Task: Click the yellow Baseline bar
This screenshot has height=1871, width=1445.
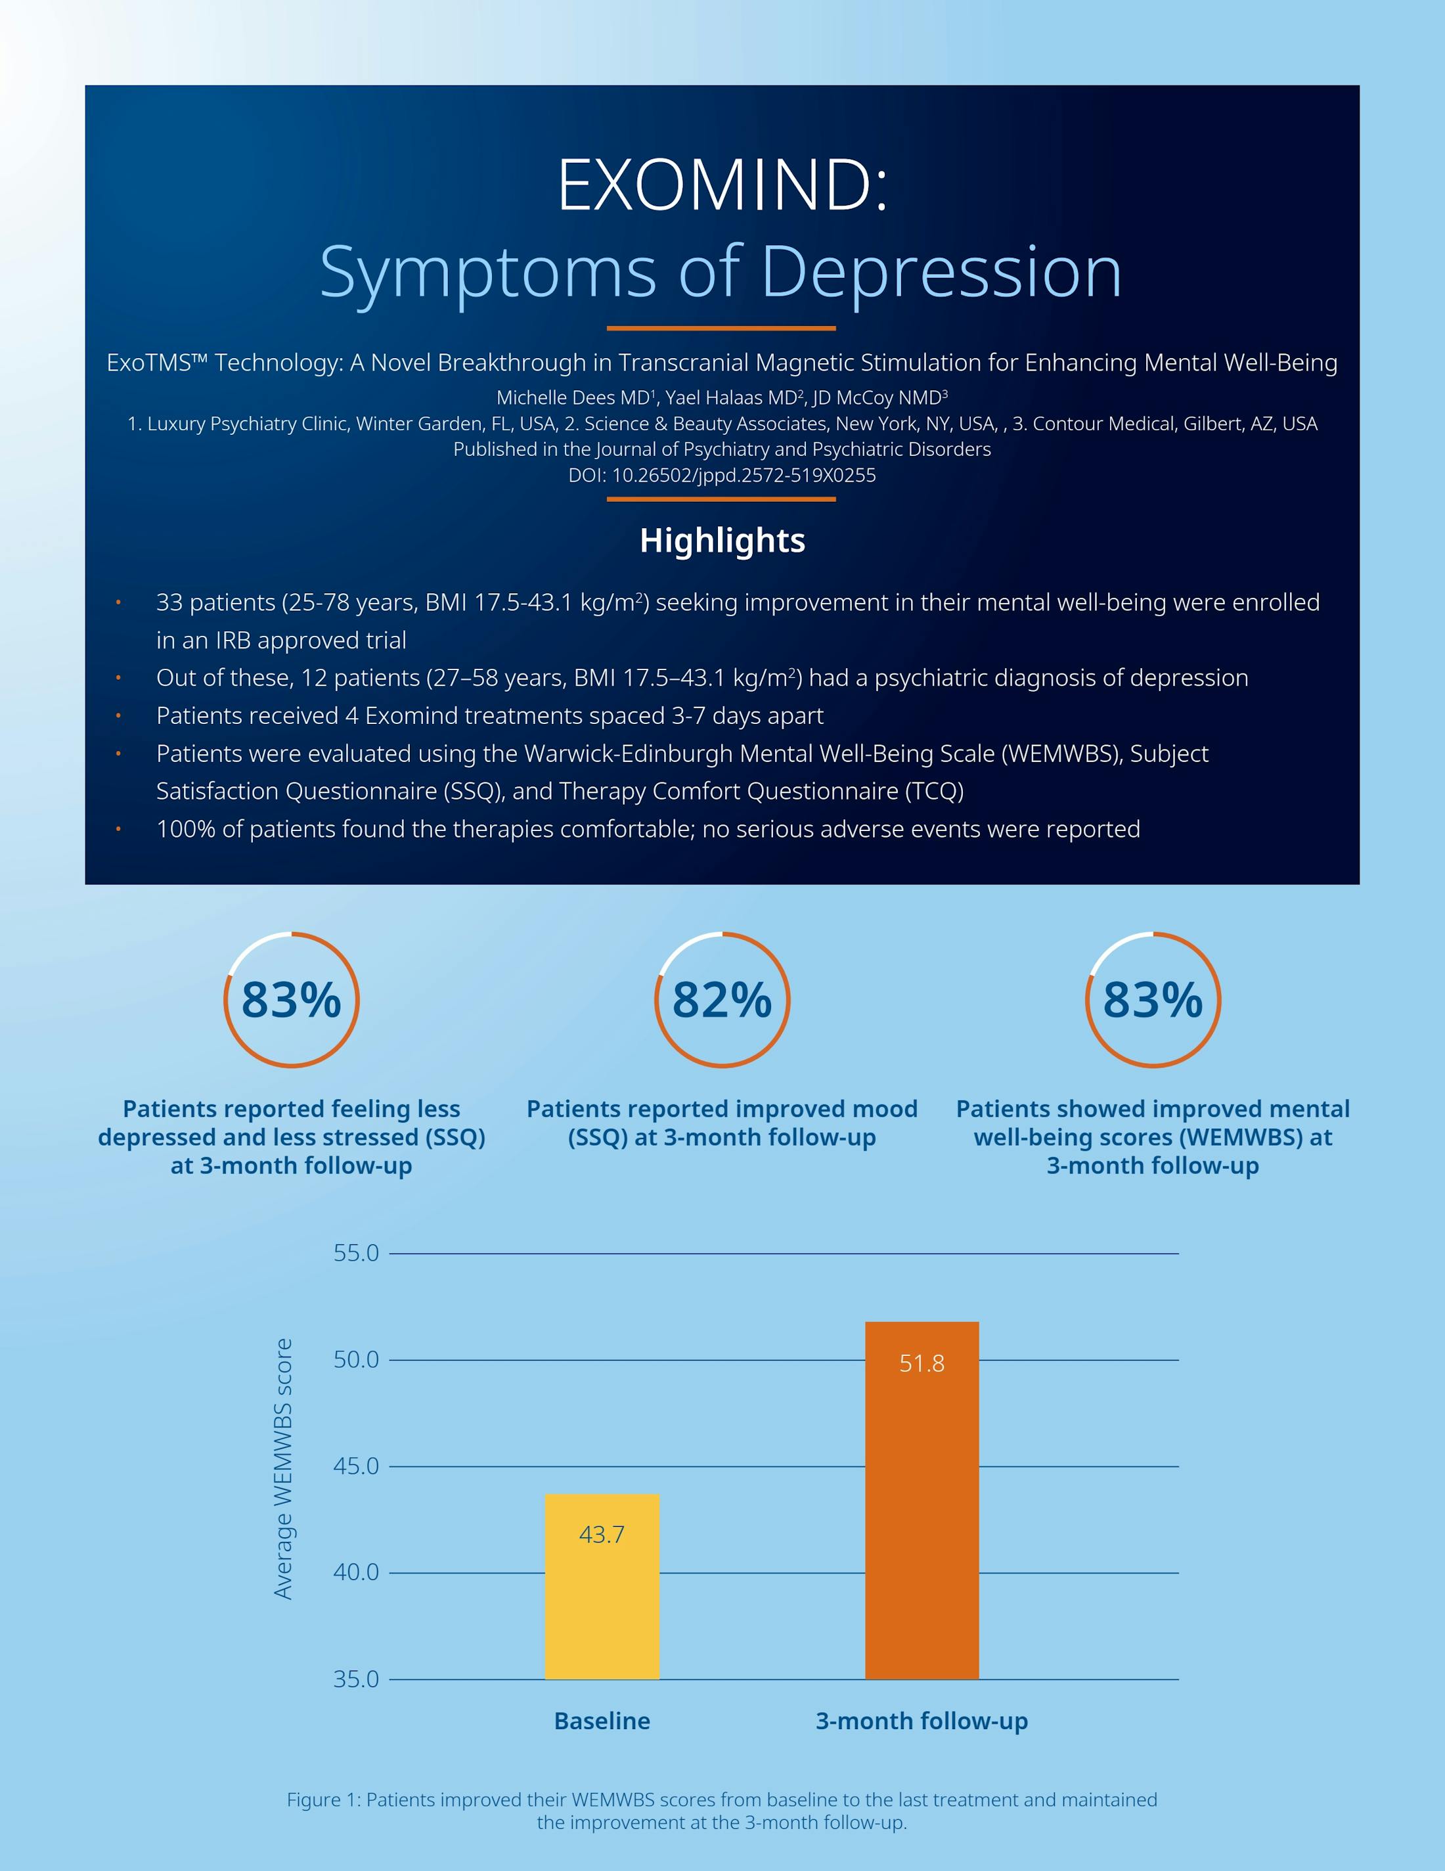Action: point(602,1587)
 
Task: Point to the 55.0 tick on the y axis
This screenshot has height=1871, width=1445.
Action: point(357,1253)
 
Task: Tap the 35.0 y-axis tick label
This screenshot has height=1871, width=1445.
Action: point(357,1679)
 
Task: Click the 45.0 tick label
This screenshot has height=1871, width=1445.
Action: point(357,1466)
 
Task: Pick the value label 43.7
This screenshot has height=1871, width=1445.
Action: point(602,1535)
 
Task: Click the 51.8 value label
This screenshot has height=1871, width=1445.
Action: point(922,1363)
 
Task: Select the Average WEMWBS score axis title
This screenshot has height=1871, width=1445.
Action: point(282,1468)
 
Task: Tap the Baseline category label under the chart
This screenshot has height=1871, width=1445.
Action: point(602,1721)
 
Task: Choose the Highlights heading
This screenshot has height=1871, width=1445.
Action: point(722,541)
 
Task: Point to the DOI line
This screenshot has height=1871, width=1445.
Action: point(722,476)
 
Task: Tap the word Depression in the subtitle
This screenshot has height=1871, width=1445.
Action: point(941,274)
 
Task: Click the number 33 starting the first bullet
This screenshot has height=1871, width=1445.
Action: point(169,603)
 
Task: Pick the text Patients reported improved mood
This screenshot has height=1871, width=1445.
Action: point(722,1108)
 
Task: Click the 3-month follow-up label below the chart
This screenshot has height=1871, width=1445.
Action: point(922,1721)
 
